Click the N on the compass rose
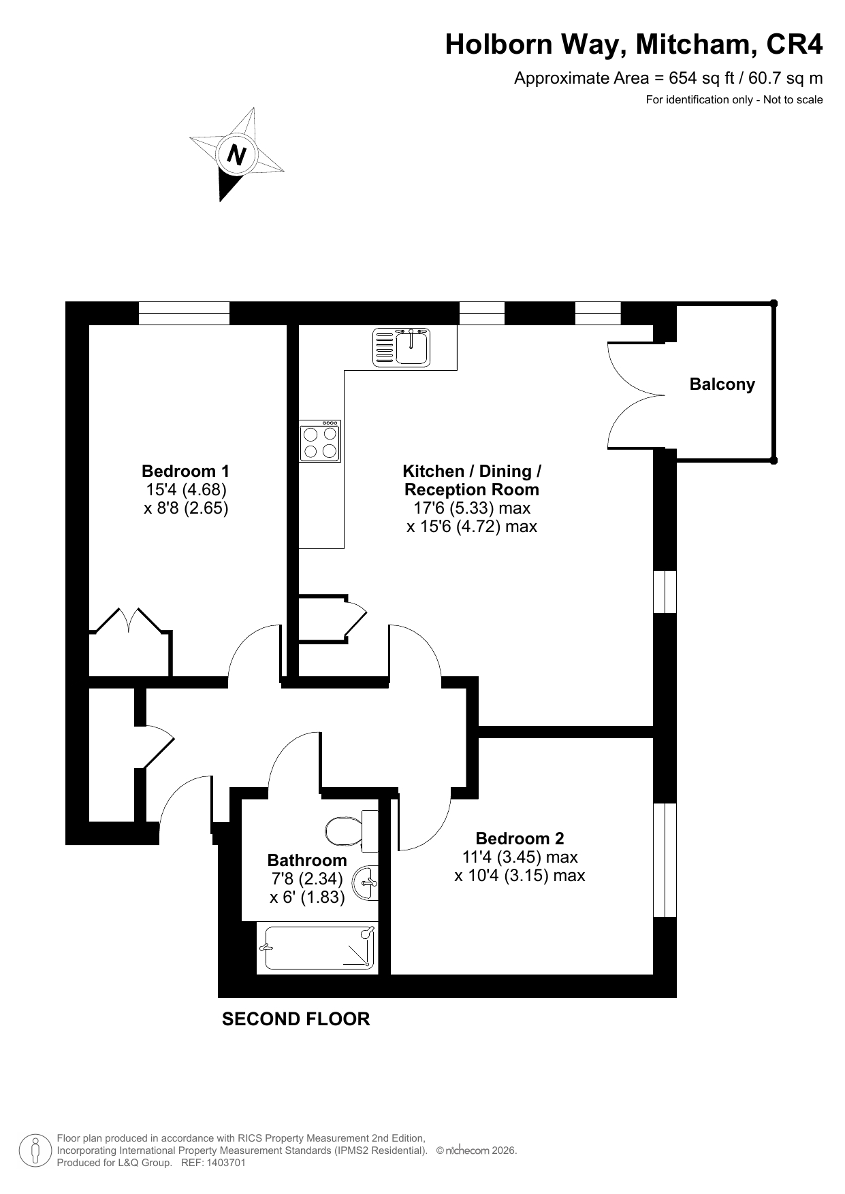(x=236, y=156)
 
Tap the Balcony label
(x=722, y=384)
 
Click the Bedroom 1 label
(x=185, y=471)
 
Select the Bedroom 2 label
(x=520, y=838)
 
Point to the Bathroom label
(x=307, y=860)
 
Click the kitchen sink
(x=402, y=347)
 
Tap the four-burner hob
(x=320, y=442)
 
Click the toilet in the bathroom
(x=351, y=831)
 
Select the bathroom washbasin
(x=367, y=882)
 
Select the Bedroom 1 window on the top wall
(x=184, y=313)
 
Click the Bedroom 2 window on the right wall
(x=665, y=860)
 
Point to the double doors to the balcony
(x=636, y=394)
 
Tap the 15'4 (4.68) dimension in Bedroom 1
(x=185, y=489)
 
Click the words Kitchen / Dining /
(x=472, y=471)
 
